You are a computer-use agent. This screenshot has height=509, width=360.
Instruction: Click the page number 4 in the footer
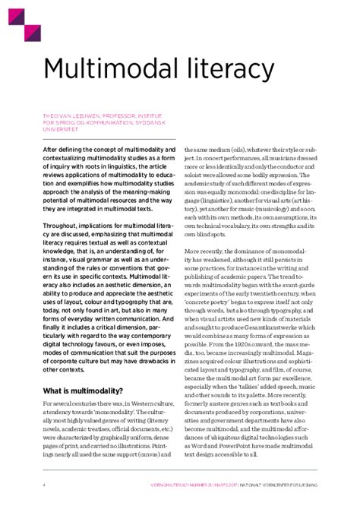pyautogui.click(x=43, y=484)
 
